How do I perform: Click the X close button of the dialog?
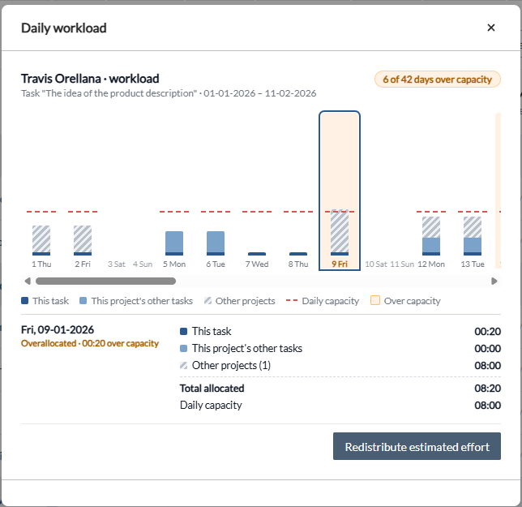click(x=491, y=28)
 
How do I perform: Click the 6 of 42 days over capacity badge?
click(x=438, y=79)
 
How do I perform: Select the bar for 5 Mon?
click(x=174, y=243)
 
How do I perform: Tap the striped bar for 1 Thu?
click(x=41, y=240)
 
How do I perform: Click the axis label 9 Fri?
click(x=340, y=264)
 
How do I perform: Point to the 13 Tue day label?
click(x=473, y=264)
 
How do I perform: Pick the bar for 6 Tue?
click(x=216, y=243)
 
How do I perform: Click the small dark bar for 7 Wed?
click(x=257, y=254)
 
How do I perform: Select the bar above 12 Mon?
click(x=431, y=236)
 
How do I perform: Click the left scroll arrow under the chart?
click(x=28, y=281)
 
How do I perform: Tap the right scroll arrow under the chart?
click(x=494, y=281)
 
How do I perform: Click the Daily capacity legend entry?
click(x=323, y=301)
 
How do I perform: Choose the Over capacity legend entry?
click(x=405, y=301)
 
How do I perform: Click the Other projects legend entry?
click(x=240, y=301)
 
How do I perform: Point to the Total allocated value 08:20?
click(x=488, y=389)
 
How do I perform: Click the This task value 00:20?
click(x=488, y=332)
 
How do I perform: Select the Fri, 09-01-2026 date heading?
click(x=58, y=330)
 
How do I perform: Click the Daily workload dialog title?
click(x=64, y=28)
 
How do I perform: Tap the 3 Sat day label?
click(x=117, y=264)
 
